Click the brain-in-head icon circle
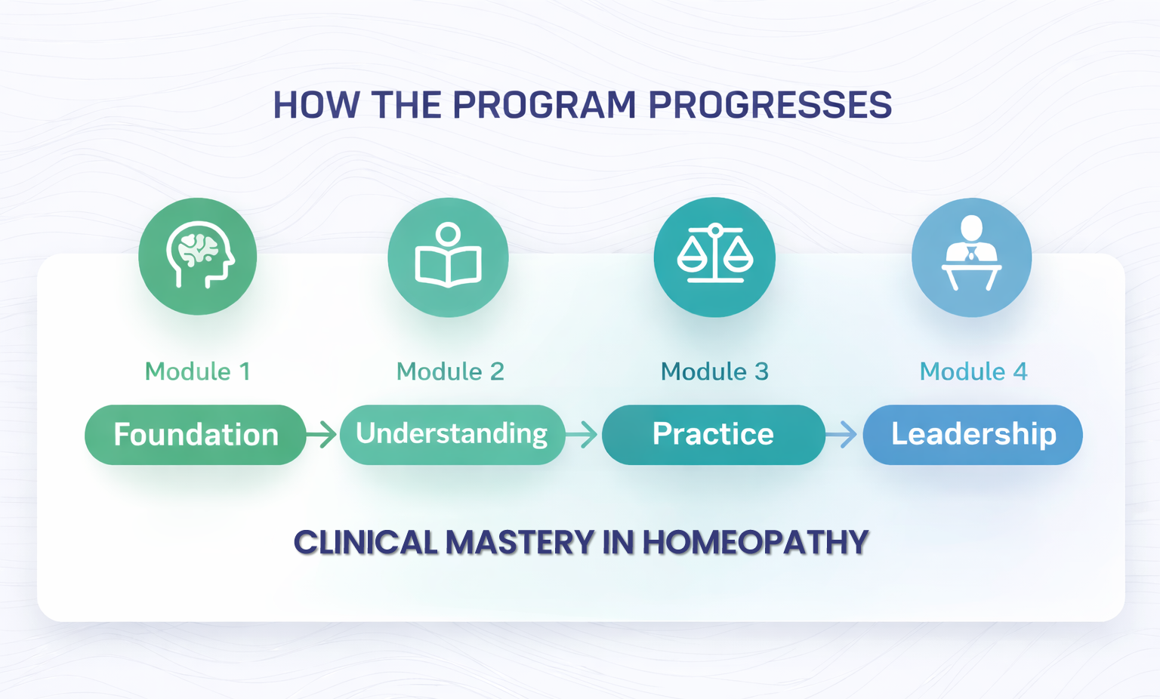click(197, 257)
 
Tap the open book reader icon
click(448, 257)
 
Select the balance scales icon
click(714, 257)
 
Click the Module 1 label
click(197, 371)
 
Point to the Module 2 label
click(450, 371)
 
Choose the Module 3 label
click(714, 371)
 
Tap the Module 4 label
click(973, 371)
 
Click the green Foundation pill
click(196, 434)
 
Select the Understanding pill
click(452, 434)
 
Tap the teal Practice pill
click(714, 434)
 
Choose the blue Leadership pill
click(973, 434)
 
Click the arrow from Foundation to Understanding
click(321, 434)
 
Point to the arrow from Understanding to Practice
click(582, 434)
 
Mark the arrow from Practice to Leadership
click(841, 434)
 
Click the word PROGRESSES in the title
click(770, 105)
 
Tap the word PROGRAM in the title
click(545, 105)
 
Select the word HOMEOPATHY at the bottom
click(755, 542)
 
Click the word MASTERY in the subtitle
click(520, 542)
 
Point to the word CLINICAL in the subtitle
click(366, 542)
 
